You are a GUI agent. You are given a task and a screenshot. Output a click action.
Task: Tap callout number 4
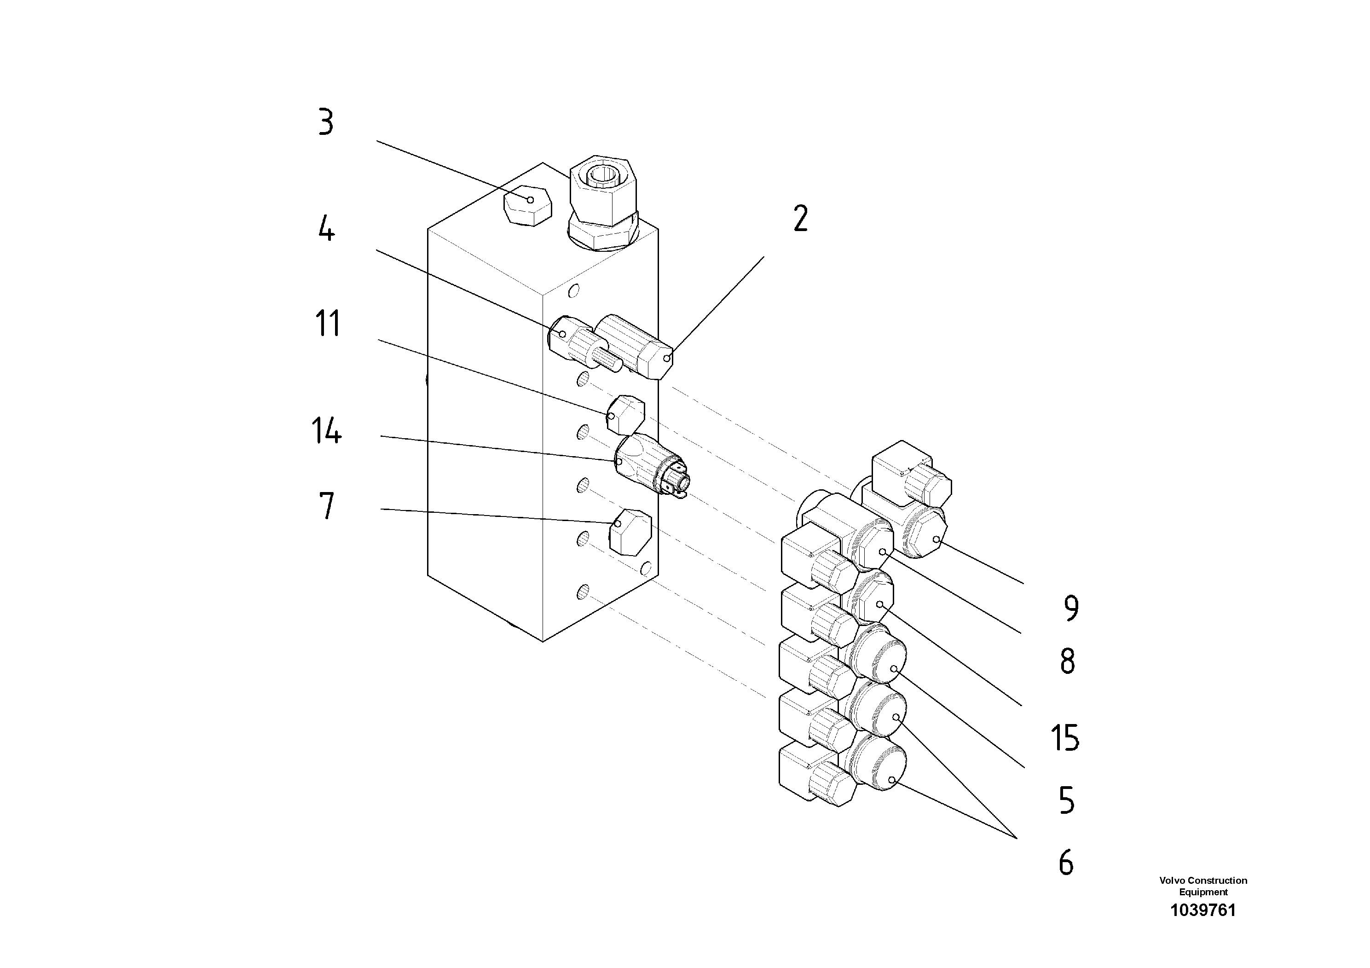click(326, 229)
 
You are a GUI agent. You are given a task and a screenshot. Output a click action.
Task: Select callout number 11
click(327, 324)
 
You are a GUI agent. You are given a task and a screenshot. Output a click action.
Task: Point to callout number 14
click(326, 431)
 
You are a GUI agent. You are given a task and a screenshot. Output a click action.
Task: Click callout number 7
click(326, 505)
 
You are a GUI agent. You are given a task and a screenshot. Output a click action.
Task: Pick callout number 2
click(800, 219)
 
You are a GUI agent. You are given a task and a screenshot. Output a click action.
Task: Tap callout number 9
click(1071, 608)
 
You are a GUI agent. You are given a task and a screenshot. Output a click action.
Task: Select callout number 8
click(1068, 661)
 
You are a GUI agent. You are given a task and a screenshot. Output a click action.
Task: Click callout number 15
click(1064, 738)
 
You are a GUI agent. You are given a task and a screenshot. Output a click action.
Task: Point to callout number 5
click(1066, 800)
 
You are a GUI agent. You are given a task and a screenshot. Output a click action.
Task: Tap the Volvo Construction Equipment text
click(1203, 886)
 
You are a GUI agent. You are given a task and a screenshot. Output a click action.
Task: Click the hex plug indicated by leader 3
click(527, 205)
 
